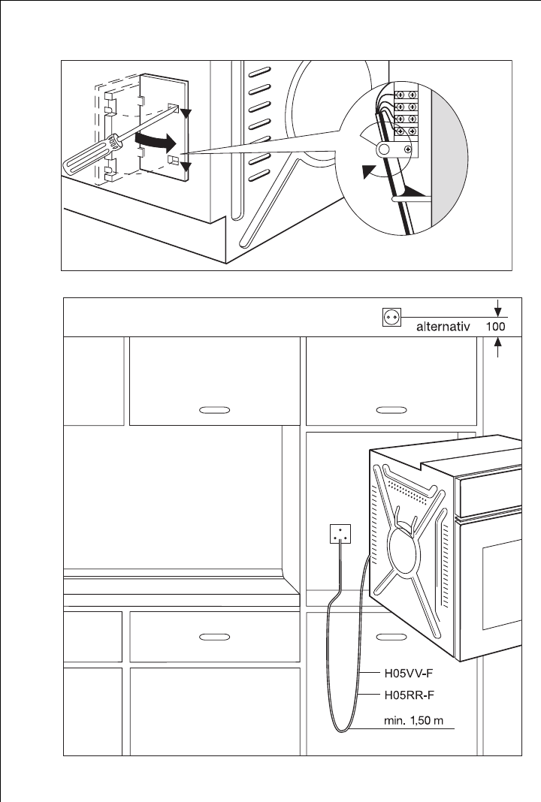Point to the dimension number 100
point(494,327)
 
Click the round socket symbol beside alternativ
point(391,318)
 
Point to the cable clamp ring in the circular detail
point(386,151)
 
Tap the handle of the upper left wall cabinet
point(215,411)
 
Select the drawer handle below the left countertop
point(215,636)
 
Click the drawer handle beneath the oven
point(390,636)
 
